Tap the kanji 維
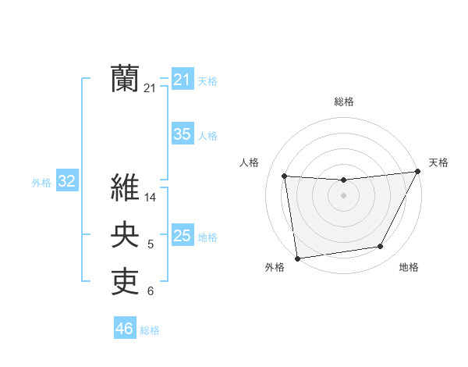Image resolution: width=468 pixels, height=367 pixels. click(126, 187)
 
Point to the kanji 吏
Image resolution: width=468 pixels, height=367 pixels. click(126, 282)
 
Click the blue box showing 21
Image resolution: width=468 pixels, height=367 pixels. click(182, 80)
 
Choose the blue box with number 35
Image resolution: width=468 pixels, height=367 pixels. click(182, 134)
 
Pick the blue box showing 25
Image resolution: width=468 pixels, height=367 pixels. click(182, 236)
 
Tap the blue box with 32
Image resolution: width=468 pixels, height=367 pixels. click(66, 182)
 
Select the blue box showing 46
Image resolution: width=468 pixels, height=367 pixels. click(124, 329)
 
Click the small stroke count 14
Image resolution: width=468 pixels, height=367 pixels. click(151, 198)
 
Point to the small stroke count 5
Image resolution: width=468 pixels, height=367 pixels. click(151, 245)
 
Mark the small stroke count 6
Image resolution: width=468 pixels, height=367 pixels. click(151, 292)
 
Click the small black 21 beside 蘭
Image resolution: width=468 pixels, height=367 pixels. click(150, 89)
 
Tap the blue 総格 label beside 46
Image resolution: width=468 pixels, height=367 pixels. click(150, 330)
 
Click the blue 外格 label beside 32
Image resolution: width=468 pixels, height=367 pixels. click(41, 183)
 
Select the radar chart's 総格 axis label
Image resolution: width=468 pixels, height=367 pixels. click(343, 102)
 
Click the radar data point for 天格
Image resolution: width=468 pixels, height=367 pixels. click(417, 172)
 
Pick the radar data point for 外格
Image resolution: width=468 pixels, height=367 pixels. click(297, 258)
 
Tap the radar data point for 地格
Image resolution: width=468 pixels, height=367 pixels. click(381, 247)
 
